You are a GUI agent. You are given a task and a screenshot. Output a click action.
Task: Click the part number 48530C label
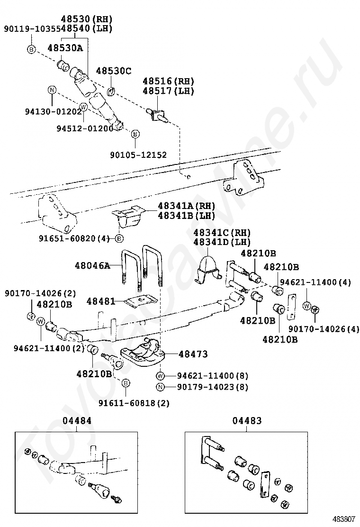coord(113,71)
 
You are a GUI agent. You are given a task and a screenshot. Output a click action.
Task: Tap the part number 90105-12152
coord(138,154)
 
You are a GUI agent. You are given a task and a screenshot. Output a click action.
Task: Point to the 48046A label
coord(92,265)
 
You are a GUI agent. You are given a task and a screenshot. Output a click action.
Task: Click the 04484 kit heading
coord(77,421)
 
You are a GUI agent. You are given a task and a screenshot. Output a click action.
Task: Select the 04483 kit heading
coord(247,421)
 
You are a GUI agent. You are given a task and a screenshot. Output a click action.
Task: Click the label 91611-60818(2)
coord(134,403)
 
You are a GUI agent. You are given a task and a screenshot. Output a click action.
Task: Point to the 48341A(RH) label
coord(186,206)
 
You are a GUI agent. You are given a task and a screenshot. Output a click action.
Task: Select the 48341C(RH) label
coord(222,233)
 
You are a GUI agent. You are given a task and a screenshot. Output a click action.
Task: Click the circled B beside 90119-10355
coord(31,49)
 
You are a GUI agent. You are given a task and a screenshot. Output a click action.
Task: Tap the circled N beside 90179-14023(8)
coord(161,387)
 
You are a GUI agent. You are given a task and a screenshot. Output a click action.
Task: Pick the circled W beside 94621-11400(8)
coord(161,376)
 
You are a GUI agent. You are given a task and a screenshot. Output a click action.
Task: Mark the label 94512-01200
coord(85,128)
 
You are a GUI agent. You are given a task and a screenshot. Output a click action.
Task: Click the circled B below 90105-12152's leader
coord(135,134)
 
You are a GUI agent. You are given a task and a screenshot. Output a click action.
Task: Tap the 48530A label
coord(65,47)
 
